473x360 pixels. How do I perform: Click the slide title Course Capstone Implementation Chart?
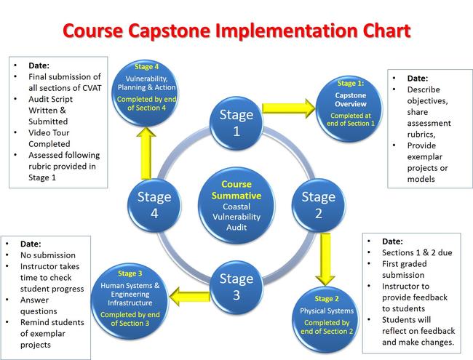coord(236,31)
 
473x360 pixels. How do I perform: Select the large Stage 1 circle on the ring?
coord(236,122)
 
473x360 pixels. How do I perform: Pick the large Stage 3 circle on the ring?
coord(236,286)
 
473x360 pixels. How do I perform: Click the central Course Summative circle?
coord(236,205)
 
